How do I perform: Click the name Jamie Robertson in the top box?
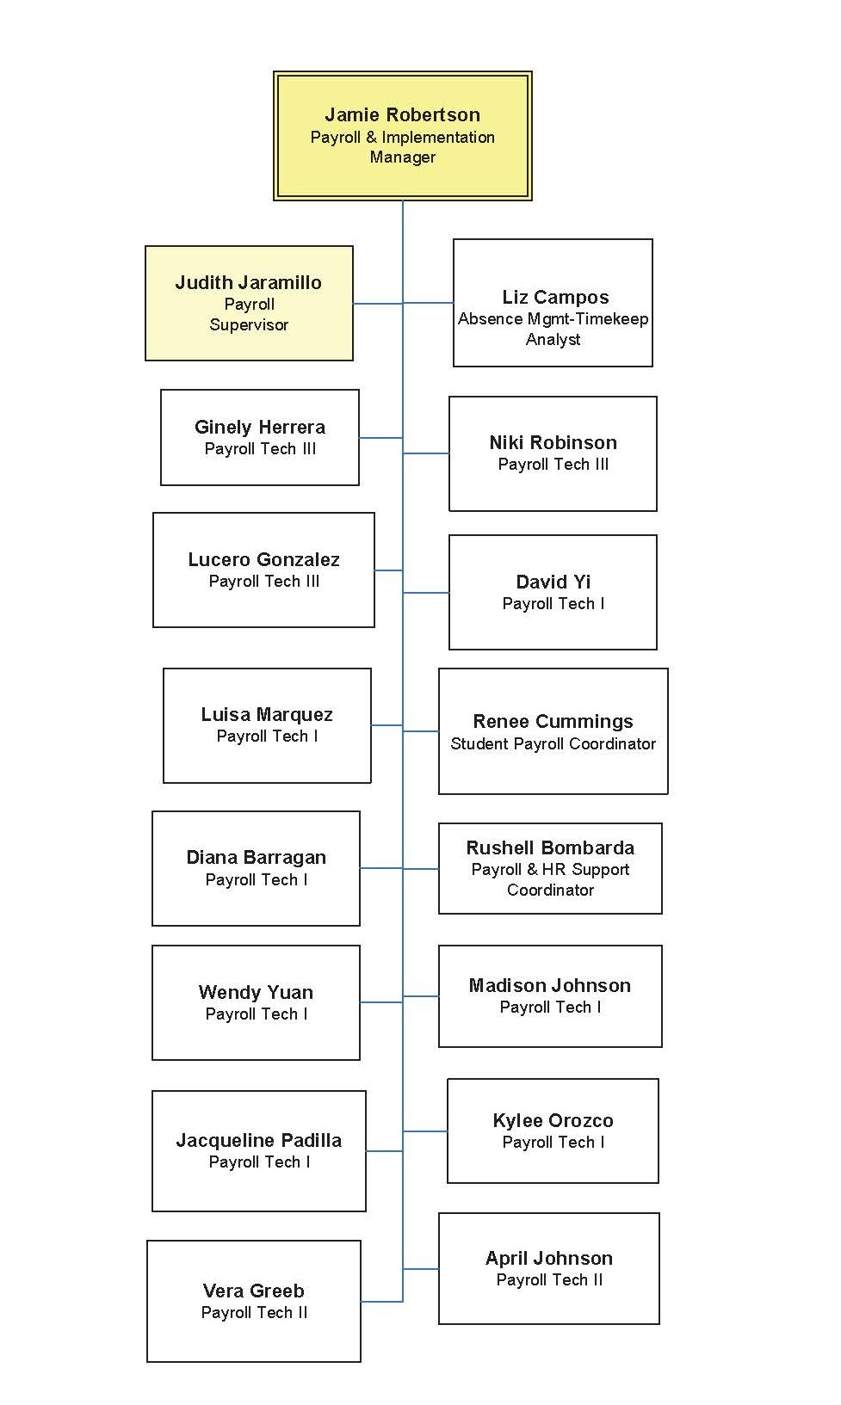coord(402,114)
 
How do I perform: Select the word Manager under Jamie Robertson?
coord(402,157)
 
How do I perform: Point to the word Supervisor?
coord(249,325)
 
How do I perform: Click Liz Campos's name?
coord(555,298)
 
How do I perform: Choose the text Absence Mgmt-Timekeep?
coord(553,319)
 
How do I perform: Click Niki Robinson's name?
coord(553,443)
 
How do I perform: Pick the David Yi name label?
coord(553,582)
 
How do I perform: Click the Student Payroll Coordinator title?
coord(553,744)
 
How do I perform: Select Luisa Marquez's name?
coord(267,715)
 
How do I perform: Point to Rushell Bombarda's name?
coord(550,848)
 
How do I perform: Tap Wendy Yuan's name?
coord(256,993)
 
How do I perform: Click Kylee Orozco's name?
coord(553,1121)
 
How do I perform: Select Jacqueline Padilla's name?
coord(258,1141)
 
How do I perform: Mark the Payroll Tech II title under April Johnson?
coord(549,1280)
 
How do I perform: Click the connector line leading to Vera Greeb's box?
coord(381,1301)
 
